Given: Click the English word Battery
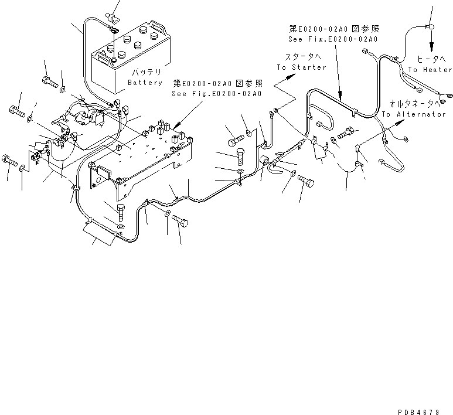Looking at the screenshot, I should pos(145,83).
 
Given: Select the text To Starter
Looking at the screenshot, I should pos(301,67).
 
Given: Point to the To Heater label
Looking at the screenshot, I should pos(430,70).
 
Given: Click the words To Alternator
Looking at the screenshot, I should pos(414,114).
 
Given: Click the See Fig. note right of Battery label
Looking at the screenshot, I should pos(216,94).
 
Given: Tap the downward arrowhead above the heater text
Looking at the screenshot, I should pos(432,49).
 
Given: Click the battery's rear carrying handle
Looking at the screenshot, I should pos(156,25).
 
